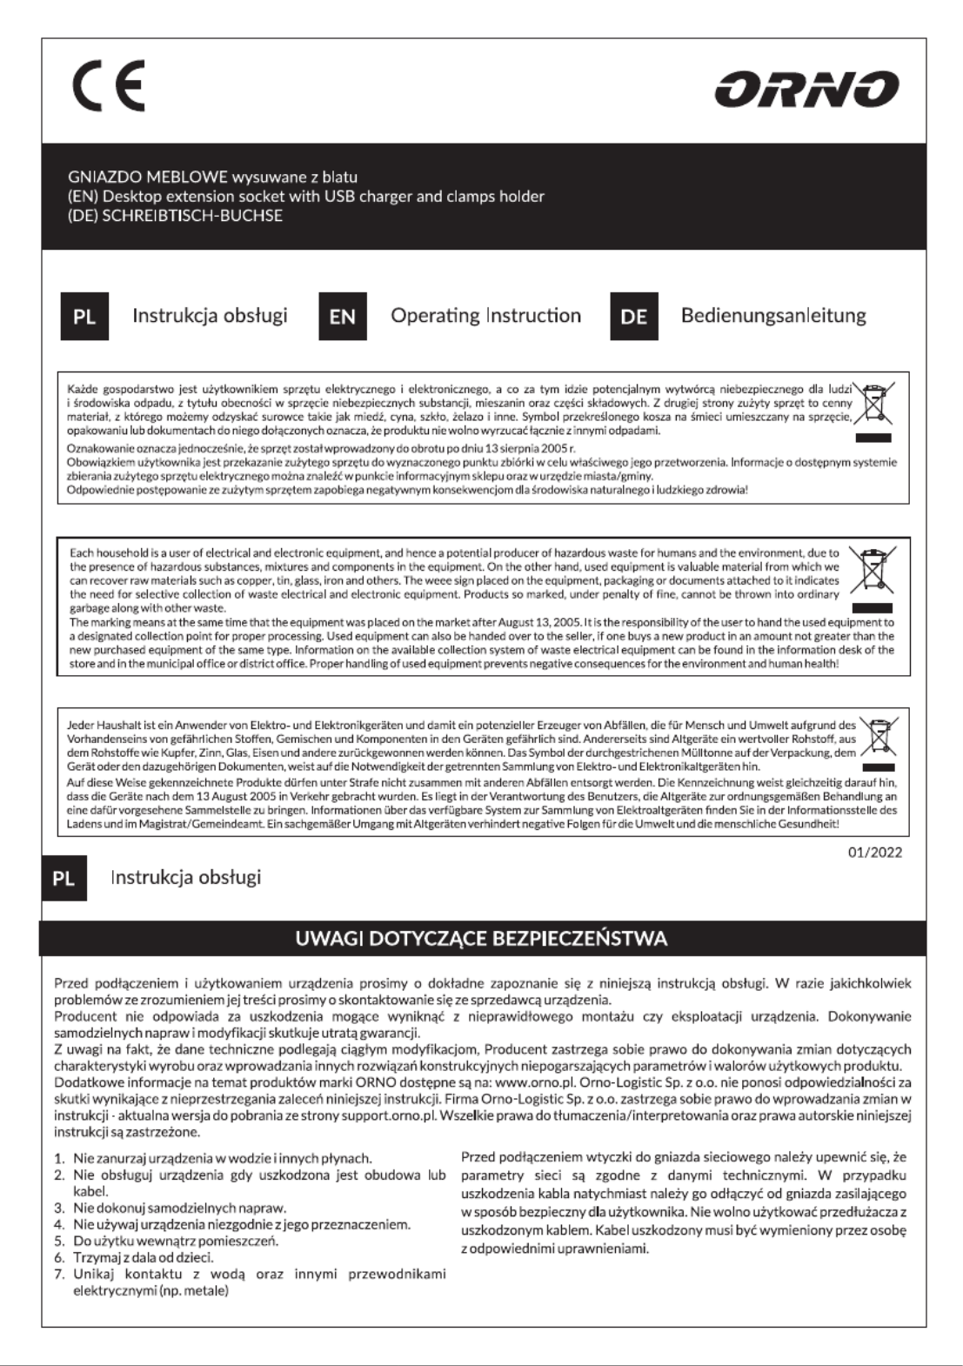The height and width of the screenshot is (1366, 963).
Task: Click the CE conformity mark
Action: pos(109,85)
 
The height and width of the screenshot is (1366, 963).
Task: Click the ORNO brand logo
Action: pos(806,89)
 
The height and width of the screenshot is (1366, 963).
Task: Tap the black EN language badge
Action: pos(343,316)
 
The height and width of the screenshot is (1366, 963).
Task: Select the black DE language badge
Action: pos(633,316)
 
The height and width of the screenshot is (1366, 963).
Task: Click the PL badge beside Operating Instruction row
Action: pos(84,316)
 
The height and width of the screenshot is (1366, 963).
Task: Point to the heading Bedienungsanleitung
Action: pos(772,316)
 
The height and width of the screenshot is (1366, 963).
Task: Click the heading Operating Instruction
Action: pos(485,316)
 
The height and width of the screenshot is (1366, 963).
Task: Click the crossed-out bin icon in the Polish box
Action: pos(873,403)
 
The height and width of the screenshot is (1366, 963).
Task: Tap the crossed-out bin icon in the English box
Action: pos(872,571)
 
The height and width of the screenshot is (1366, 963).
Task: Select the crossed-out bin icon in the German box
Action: pos(878,737)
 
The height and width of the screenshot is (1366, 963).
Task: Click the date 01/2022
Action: pos(875,852)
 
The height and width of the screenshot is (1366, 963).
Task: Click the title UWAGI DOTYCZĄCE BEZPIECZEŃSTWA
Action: pos(481,939)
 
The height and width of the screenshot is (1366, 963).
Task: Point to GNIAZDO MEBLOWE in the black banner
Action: pos(147,177)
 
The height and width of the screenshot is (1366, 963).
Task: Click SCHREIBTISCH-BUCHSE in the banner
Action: pos(192,216)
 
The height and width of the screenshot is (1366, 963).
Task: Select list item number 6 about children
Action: pos(143,1257)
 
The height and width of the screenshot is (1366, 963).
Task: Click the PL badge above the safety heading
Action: pos(64,878)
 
